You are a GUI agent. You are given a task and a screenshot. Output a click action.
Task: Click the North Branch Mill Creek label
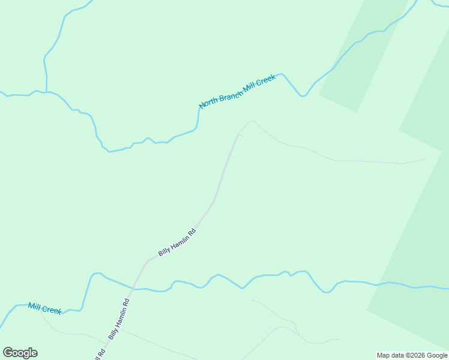point(237,91)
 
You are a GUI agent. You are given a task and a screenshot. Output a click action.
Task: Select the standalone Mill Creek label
point(44,308)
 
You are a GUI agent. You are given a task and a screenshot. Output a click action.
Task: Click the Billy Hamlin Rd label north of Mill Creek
point(177,242)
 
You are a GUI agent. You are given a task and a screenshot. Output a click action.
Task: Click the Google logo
point(20,353)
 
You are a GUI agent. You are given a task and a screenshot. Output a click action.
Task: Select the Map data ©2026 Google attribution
point(412,355)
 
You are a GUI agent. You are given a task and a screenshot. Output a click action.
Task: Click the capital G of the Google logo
point(8,353)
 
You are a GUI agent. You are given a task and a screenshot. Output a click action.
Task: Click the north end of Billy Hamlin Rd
point(238,134)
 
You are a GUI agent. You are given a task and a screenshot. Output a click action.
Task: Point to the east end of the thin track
point(424,160)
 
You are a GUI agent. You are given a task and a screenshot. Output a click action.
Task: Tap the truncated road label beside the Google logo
point(100,354)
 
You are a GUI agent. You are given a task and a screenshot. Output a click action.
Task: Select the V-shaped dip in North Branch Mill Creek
point(303,95)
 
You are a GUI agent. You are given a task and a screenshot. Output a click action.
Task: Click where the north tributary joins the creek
point(46,92)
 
